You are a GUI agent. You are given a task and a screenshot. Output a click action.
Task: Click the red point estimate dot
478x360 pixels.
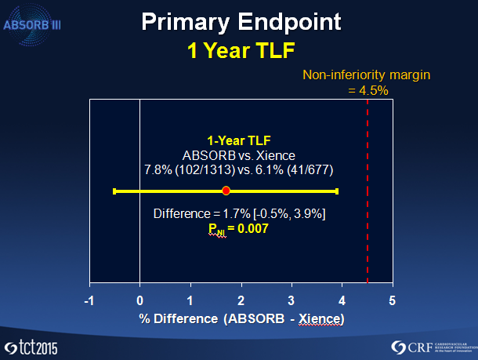pyautogui.click(x=226, y=191)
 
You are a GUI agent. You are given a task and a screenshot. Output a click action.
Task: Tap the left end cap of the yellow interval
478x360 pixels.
pyautogui.click(x=114, y=191)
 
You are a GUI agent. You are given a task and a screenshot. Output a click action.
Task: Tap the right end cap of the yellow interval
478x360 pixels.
pyautogui.click(x=337, y=191)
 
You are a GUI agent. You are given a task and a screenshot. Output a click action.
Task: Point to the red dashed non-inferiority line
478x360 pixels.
pyautogui.click(x=368, y=191)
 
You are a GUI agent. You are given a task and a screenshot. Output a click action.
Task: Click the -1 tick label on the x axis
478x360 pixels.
pyautogui.click(x=89, y=301)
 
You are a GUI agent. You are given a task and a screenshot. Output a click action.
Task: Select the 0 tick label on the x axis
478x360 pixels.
pyautogui.click(x=140, y=301)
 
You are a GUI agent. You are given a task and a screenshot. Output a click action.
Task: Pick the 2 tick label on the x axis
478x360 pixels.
pyautogui.click(x=241, y=301)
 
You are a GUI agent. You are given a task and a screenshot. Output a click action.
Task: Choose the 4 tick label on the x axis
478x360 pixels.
pyautogui.click(x=342, y=301)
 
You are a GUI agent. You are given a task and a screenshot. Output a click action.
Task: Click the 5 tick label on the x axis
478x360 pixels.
pyautogui.click(x=393, y=301)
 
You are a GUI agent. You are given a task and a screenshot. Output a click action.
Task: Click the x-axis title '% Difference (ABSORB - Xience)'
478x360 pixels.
pyautogui.click(x=241, y=319)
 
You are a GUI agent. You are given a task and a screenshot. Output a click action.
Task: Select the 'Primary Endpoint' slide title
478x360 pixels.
pyautogui.click(x=241, y=22)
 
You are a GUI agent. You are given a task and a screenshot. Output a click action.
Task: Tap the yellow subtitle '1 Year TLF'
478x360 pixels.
pyautogui.click(x=241, y=50)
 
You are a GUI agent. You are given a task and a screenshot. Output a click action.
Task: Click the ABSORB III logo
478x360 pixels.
pyautogui.click(x=31, y=25)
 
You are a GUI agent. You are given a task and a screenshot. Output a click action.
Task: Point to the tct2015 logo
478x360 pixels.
pyautogui.click(x=31, y=347)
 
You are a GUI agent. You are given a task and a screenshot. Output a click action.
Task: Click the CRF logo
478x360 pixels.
pyautogui.click(x=434, y=347)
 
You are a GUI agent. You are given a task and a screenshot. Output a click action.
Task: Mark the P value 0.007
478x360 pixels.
pyautogui.click(x=253, y=228)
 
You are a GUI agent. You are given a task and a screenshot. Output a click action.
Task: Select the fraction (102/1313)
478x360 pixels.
pyautogui.click(x=205, y=170)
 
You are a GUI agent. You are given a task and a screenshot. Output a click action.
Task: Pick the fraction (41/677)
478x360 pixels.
pyautogui.click(x=310, y=170)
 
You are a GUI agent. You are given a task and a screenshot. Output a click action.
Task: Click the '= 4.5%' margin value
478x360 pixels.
pyautogui.click(x=368, y=91)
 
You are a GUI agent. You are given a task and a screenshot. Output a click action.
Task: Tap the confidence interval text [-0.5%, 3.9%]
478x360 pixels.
pyautogui.click(x=289, y=214)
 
